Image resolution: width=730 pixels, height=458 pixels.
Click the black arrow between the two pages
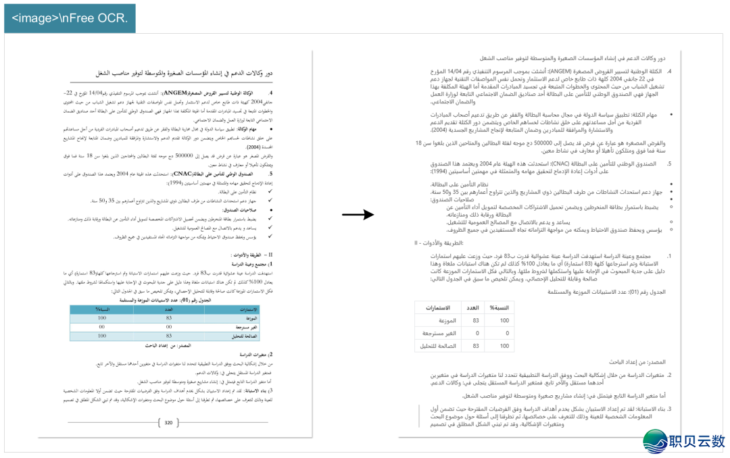pyautogui.click(x=358, y=215)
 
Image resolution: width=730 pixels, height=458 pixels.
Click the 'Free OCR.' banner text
pyautogui.click(x=70, y=18)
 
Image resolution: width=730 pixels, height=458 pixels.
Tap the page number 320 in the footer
pyautogui.click(x=169, y=423)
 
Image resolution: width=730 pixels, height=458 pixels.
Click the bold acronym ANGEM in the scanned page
pyautogui.click(x=175, y=93)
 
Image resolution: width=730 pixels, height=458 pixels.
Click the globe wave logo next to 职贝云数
pyautogui.click(x=655, y=440)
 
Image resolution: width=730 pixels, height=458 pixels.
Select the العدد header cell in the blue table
pyautogui.click(x=169, y=309)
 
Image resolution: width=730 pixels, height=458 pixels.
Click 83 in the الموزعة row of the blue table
pyautogui.click(x=169, y=318)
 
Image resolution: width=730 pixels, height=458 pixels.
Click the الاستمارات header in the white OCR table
pyautogui.click(x=438, y=307)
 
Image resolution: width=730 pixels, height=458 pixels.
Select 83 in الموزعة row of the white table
pyautogui.click(x=476, y=321)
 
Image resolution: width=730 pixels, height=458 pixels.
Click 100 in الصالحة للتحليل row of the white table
pyautogui.click(x=504, y=346)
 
